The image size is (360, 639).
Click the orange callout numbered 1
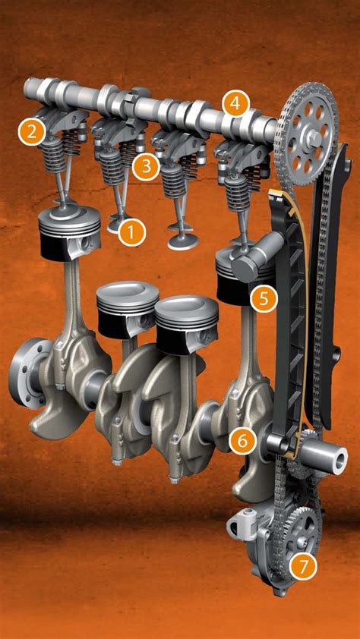click(x=131, y=232)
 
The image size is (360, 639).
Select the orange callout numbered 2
click(x=32, y=131)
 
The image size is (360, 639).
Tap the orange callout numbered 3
click(x=146, y=166)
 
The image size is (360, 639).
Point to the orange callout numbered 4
click(x=235, y=104)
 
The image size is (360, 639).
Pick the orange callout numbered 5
click(x=264, y=298)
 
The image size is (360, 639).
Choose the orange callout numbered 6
click(x=242, y=440)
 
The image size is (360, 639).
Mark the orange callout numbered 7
click(x=302, y=567)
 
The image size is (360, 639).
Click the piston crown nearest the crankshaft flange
click(x=69, y=216)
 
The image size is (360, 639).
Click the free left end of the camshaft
click(x=30, y=86)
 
